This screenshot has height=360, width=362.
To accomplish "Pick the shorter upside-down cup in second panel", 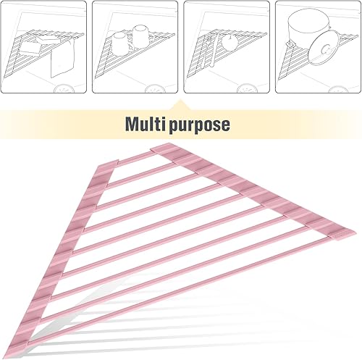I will pyautogui.click(x=120, y=41).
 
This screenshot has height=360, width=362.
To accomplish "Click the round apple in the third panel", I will pyautogui.click(x=230, y=43).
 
